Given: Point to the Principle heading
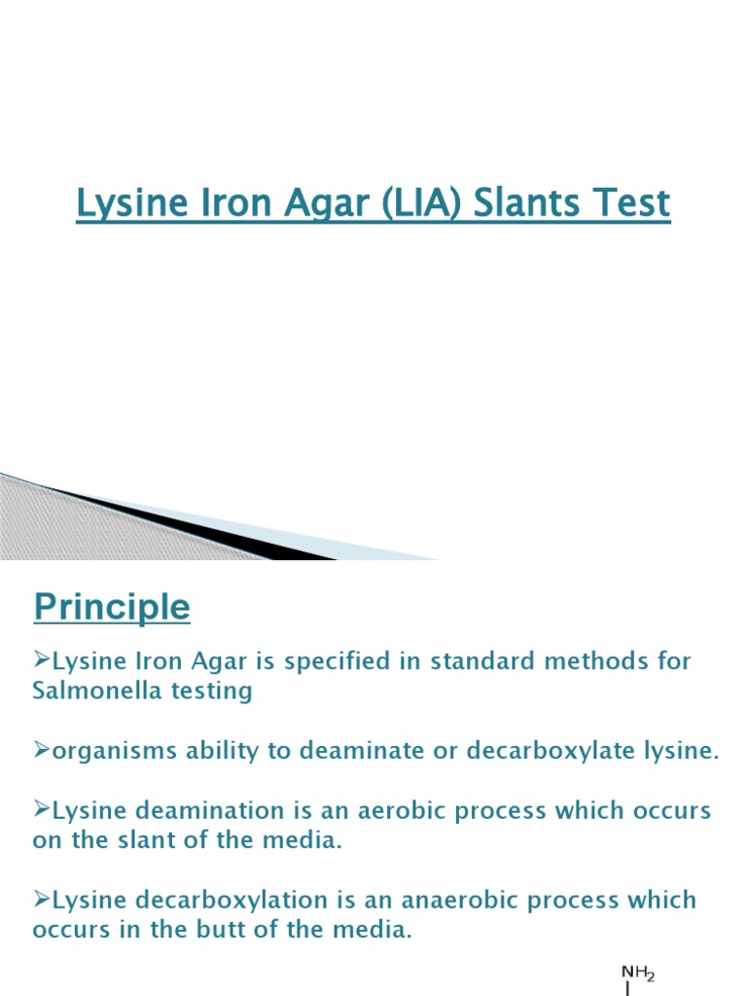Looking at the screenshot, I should pyautogui.click(x=112, y=608).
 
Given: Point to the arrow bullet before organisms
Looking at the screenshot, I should pyautogui.click(x=42, y=750).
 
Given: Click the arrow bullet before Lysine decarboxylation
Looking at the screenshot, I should pyautogui.click(x=42, y=899).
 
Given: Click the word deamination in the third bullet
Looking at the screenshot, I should pyautogui.click(x=200, y=810).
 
